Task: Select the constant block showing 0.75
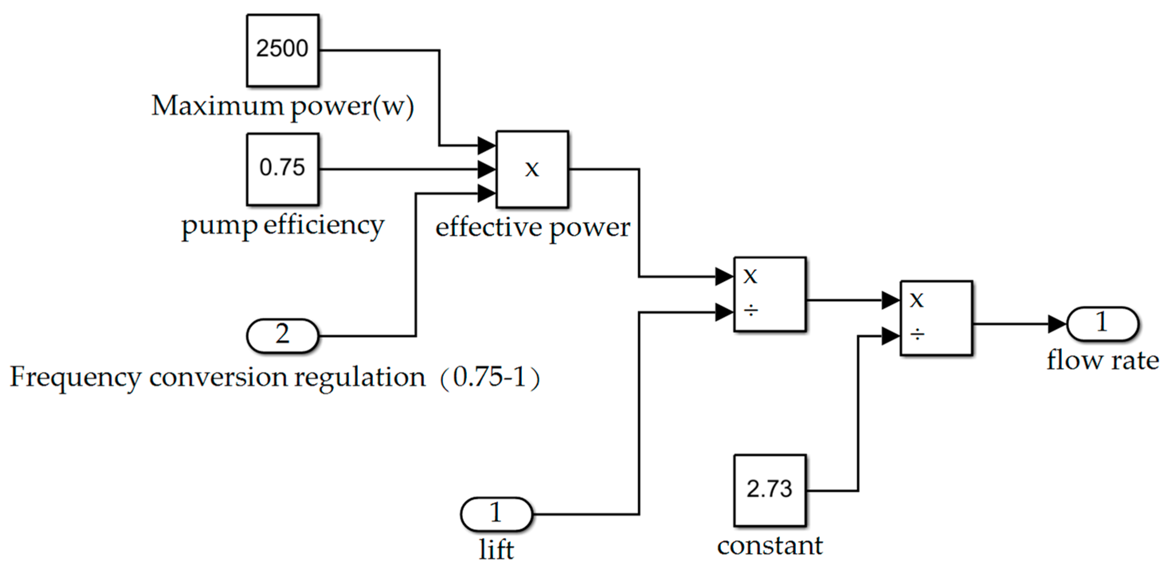[x=282, y=169]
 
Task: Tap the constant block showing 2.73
[x=770, y=490]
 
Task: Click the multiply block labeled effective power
[x=532, y=169]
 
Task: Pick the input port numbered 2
[x=282, y=335]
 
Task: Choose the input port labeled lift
[x=496, y=514]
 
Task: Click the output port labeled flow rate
[x=1102, y=323]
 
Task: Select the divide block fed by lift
[x=770, y=294]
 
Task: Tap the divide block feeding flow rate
[x=936, y=317]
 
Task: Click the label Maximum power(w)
[x=282, y=106]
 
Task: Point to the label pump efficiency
[x=282, y=225]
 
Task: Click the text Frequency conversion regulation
[x=217, y=377]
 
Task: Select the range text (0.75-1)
[x=490, y=377]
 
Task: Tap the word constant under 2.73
[x=770, y=546]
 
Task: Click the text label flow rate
[x=1102, y=361]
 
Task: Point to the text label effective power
[x=532, y=227]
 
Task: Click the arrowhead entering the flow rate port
[x=1057, y=324]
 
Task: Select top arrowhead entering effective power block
[x=486, y=145]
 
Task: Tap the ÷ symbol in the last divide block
[x=917, y=335]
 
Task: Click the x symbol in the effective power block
[x=532, y=169]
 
